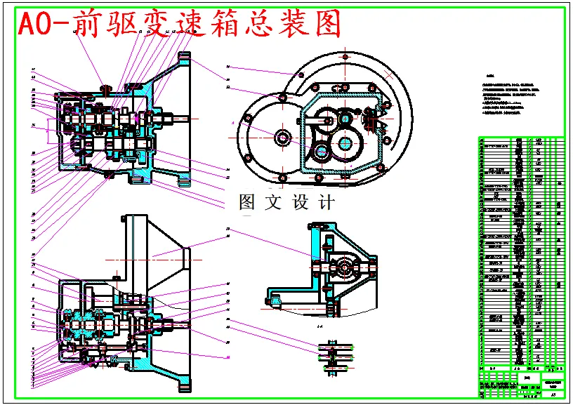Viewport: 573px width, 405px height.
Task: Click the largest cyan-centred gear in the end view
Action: pos(345,143)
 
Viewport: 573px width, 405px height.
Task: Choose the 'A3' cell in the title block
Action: pos(554,396)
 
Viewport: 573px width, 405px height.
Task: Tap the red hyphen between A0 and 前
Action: pos(61,26)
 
